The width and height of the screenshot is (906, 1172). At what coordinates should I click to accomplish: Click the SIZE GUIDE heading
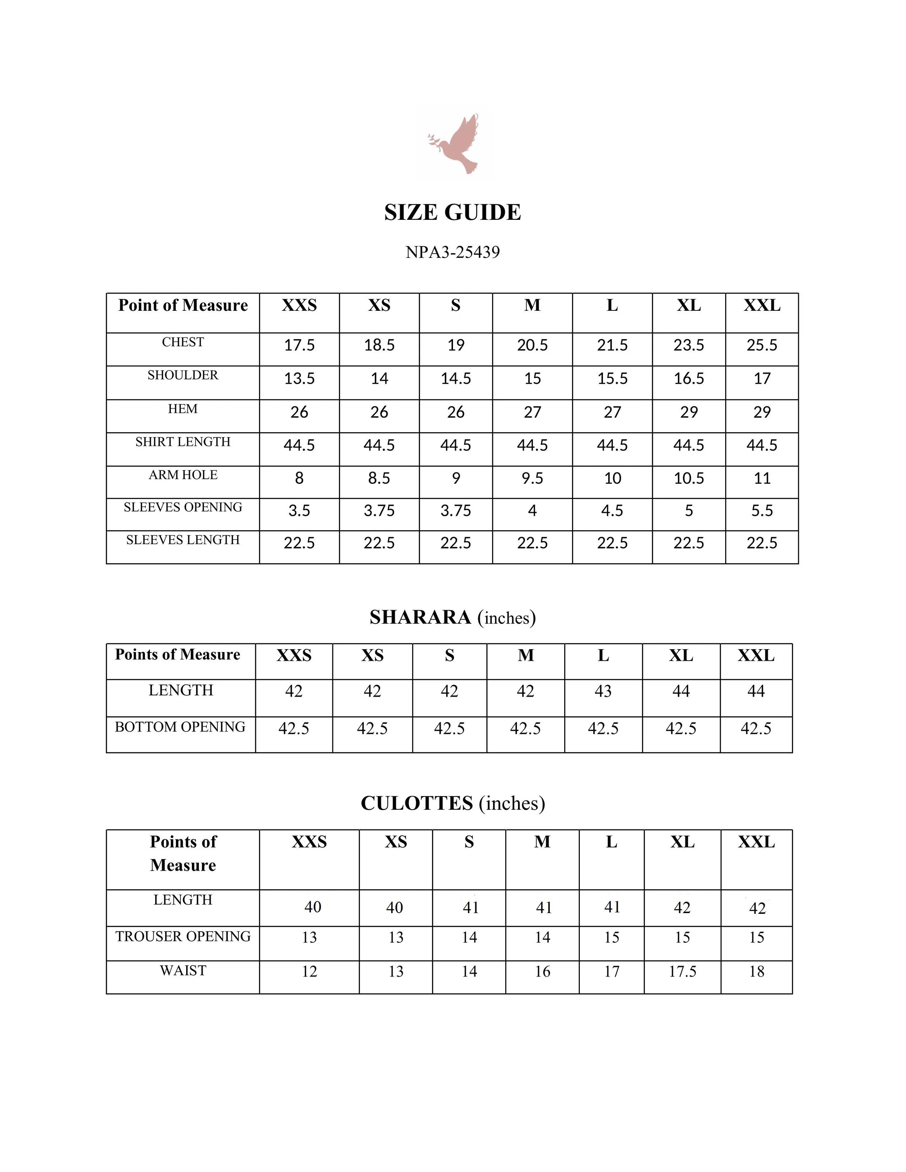(453, 212)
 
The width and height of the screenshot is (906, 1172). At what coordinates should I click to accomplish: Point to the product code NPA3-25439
(453, 252)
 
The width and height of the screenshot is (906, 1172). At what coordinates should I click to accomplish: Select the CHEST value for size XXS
(299, 345)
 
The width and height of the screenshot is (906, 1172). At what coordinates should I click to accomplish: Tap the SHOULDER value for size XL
(689, 379)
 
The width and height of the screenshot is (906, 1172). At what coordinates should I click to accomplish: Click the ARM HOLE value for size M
(532, 478)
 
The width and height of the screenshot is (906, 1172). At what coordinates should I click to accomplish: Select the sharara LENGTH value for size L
(603, 691)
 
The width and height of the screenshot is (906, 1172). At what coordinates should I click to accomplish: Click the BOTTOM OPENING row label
(180, 727)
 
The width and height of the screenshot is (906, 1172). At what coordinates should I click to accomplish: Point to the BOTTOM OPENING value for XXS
(294, 729)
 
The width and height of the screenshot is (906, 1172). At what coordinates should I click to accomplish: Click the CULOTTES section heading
(453, 803)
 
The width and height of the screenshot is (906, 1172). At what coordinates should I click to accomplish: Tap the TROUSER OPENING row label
(182, 937)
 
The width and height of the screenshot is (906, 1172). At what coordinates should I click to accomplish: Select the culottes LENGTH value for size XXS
(313, 907)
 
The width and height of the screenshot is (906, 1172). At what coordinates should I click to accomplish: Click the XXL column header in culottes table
(756, 842)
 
